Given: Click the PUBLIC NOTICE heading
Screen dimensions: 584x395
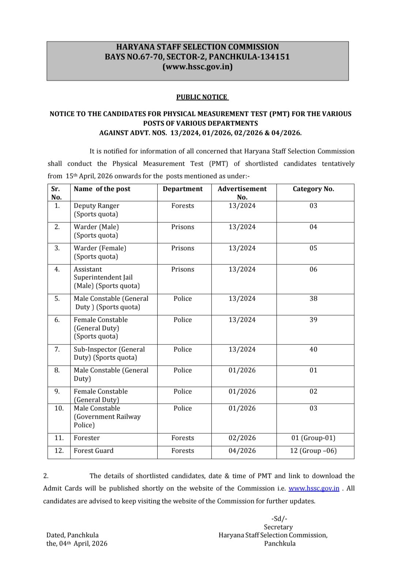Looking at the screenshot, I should [202, 97].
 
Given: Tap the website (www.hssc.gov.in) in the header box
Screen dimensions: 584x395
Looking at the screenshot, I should [197, 67].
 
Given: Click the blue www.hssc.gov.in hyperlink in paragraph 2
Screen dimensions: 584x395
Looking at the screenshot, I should [314, 488].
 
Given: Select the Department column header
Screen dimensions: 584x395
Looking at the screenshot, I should [183, 189].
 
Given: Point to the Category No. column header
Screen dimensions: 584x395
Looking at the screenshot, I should [313, 189].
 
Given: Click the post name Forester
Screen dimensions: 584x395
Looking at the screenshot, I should [87, 438].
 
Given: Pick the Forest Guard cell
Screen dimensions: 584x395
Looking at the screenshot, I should [94, 451].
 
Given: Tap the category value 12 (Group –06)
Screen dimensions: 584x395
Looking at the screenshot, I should [313, 451].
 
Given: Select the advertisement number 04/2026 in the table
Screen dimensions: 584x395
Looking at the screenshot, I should [242, 451].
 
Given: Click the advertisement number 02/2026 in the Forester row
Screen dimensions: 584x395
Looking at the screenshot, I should [242, 438].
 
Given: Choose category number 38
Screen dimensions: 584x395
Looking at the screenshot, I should [313, 298].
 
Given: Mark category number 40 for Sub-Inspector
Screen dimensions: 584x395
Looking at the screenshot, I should [313, 349].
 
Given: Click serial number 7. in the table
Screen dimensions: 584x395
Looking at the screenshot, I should [57, 349].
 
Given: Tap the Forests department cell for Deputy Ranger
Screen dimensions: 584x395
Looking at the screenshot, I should [183, 206].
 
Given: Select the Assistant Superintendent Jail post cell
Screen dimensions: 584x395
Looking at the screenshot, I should [106, 278].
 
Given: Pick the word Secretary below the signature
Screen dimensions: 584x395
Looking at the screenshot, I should [278, 527].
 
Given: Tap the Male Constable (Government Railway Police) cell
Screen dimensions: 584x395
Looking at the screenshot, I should [107, 417].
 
